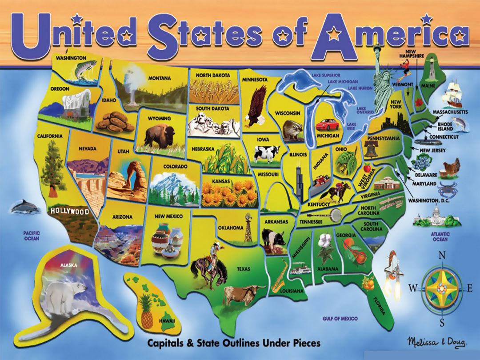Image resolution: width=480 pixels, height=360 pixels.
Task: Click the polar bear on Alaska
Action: (67, 294)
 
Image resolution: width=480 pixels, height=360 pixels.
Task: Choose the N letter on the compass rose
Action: (442, 255)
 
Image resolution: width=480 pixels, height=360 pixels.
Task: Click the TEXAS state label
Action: (244, 268)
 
